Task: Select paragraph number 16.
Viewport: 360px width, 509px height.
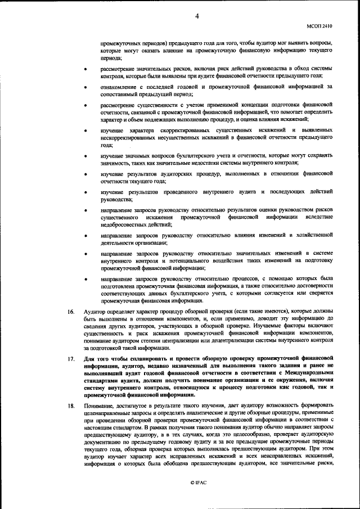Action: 71,311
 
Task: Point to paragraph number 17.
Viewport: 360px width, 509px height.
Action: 71,358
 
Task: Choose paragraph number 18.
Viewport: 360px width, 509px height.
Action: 71,405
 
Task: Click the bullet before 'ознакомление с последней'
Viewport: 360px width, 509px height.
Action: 85,88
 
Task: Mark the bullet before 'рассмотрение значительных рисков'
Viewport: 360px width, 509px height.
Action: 85,69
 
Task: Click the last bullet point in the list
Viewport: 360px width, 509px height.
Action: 85,278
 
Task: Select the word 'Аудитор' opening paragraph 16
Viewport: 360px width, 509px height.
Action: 94,311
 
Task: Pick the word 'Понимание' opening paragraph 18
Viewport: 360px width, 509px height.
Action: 99,405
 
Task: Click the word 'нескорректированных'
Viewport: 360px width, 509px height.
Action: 129,137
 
